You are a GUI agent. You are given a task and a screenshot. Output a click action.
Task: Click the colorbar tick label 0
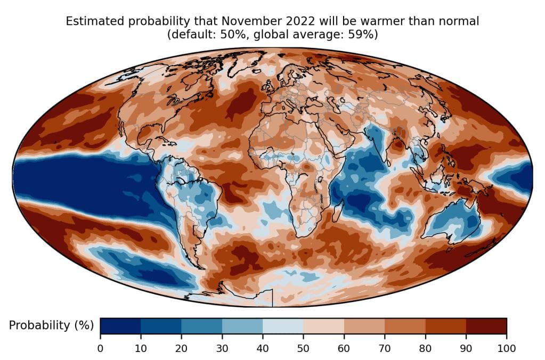point(100,349)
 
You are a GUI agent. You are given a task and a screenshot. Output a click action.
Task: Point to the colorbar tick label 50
point(303,349)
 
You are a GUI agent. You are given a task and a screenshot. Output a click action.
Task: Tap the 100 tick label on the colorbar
point(506,349)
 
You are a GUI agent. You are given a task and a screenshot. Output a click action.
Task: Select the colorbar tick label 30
point(222,349)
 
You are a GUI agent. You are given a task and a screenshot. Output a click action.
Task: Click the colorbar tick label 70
point(385,349)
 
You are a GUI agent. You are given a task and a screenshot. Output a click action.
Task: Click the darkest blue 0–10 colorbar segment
point(120,326)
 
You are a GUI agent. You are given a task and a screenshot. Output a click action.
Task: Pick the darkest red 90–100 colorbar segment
point(486,326)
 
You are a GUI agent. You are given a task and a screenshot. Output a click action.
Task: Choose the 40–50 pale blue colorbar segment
point(283,326)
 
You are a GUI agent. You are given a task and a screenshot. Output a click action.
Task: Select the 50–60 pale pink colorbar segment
point(323,326)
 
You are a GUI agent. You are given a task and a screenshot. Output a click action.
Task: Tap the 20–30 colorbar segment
point(202,326)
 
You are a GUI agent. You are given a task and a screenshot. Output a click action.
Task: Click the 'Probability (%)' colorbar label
point(51,325)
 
